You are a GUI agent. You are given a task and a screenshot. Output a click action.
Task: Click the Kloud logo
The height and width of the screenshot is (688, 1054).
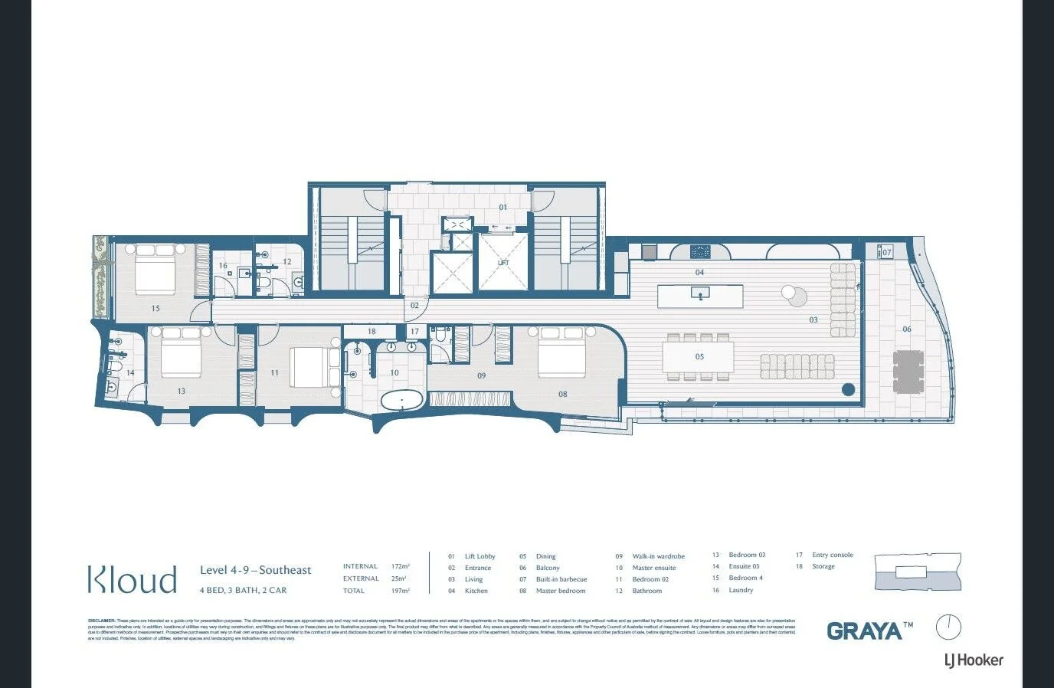(132, 579)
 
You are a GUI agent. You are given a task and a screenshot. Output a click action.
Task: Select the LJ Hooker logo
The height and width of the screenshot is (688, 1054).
(973, 660)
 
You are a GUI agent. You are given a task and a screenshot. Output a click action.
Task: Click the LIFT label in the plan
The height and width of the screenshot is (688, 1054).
(503, 263)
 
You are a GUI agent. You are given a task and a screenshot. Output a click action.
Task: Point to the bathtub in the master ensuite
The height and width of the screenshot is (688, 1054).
(402, 401)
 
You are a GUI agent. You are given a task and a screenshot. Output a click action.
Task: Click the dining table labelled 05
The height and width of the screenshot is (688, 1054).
(698, 357)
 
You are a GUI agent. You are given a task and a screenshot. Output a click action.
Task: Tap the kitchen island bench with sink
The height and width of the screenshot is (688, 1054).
(700, 295)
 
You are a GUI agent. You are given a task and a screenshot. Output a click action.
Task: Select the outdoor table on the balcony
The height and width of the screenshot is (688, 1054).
(908, 372)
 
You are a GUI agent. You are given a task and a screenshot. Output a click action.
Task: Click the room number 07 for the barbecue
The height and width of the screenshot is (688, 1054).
(886, 252)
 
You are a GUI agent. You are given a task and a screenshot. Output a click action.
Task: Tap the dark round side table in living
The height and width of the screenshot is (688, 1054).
(848, 389)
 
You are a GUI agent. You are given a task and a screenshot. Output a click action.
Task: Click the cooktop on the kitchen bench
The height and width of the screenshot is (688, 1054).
(700, 251)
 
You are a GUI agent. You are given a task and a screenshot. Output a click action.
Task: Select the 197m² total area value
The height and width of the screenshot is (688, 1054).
(400, 591)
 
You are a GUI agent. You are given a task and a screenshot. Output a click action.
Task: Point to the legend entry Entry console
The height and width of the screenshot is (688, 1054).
(832, 555)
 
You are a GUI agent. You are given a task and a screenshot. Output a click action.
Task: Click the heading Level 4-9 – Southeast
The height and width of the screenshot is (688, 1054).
(255, 570)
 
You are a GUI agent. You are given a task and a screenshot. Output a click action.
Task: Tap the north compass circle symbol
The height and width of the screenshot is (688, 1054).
(948, 627)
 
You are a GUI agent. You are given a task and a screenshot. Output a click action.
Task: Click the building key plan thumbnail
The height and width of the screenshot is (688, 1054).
(917, 572)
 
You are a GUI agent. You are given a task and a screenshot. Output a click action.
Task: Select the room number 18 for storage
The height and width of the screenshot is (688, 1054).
(372, 332)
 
